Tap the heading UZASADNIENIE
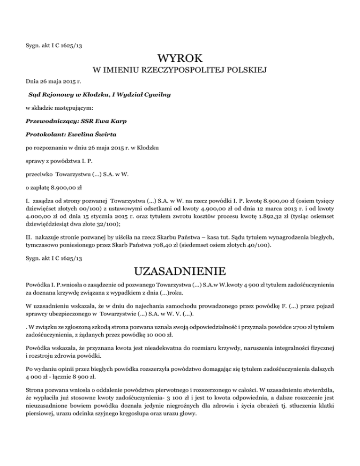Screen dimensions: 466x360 pyautogui.click(x=180, y=272)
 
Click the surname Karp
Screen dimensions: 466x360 pyautogui.click(x=117, y=121)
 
